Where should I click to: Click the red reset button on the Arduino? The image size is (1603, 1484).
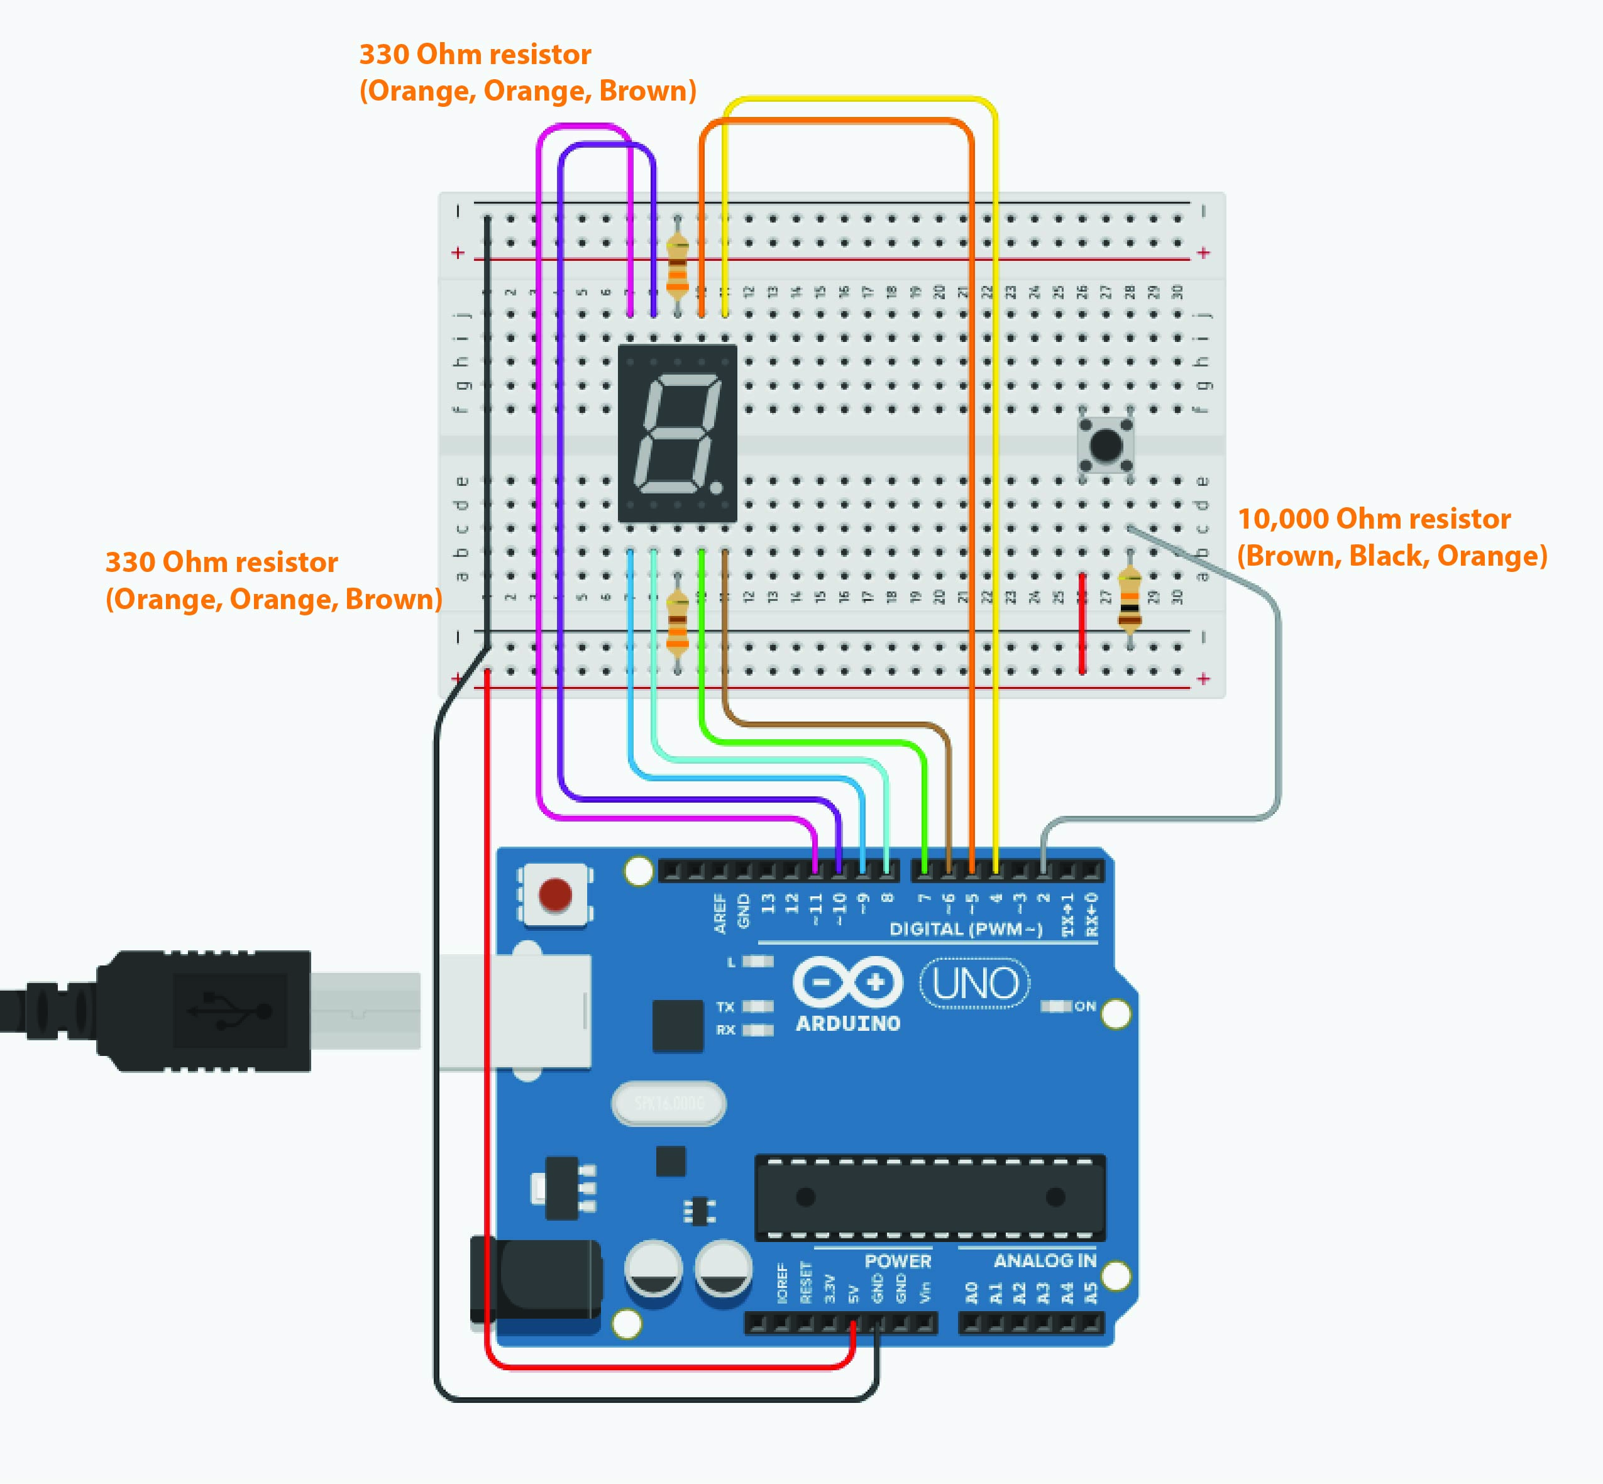555,894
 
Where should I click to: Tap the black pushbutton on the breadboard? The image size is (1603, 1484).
1106,445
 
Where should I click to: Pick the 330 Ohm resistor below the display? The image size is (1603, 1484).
678,618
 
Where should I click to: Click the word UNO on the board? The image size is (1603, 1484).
976,984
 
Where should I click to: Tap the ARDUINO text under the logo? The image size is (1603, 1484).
848,1024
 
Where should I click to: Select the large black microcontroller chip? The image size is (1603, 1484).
930,1197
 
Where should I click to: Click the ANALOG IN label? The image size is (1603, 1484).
1045,1261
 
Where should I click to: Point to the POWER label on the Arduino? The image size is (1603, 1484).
898,1261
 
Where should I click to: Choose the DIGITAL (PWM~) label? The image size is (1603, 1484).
966,929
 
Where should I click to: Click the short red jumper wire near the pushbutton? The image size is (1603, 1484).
1082,623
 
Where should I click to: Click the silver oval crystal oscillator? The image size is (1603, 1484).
669,1103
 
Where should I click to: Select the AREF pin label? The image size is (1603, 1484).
720,914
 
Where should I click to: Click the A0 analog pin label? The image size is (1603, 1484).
971,1293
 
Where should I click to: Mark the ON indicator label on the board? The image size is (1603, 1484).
1085,1006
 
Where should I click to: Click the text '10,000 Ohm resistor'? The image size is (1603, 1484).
1374,519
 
